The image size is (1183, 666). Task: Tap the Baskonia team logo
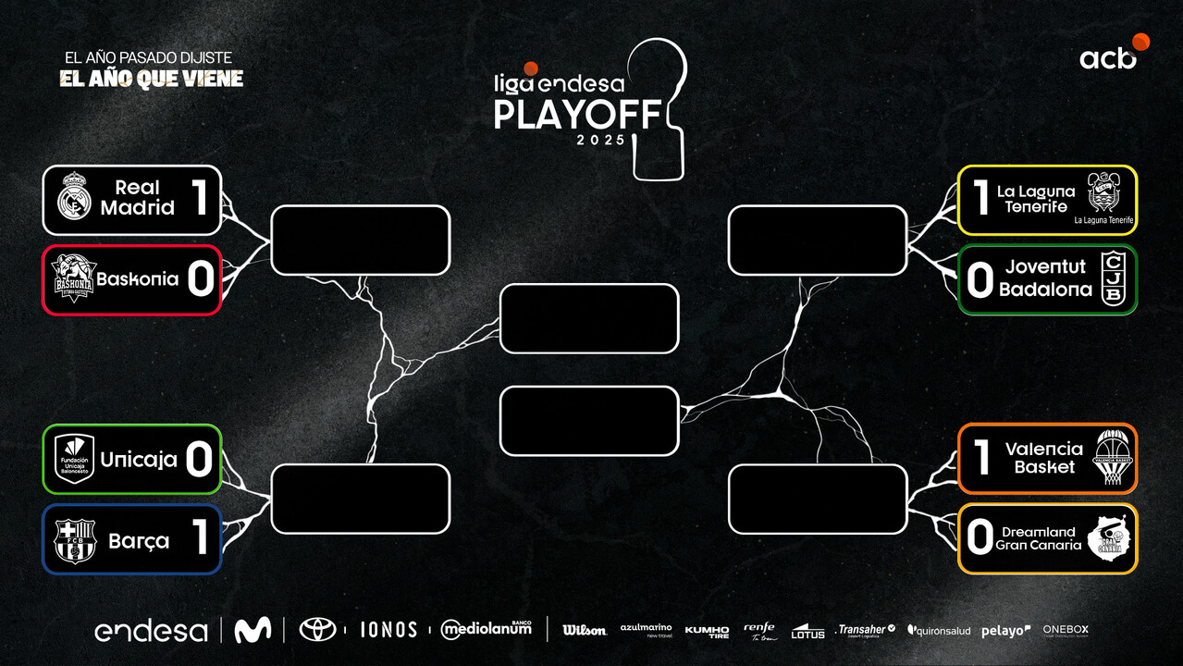[x=73, y=278]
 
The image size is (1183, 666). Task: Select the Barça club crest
[x=75, y=539]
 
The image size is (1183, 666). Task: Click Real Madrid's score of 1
[x=200, y=199]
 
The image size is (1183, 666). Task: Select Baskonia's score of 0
[x=201, y=279]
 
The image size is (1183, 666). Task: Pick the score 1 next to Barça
[x=200, y=538]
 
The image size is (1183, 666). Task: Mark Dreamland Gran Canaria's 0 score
[x=980, y=538]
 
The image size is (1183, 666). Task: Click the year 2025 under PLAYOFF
[x=600, y=140]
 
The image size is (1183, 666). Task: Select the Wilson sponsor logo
[x=585, y=630]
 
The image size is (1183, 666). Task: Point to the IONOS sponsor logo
[x=388, y=630]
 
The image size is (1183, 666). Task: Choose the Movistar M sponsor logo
[x=253, y=630]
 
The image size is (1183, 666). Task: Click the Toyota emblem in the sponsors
[x=317, y=630]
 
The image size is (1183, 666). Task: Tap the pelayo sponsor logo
[x=1005, y=630]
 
